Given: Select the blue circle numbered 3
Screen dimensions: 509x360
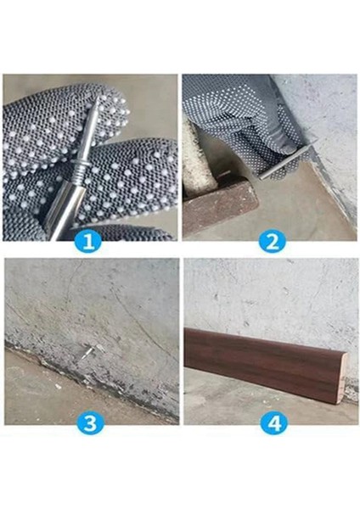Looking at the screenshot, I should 90,422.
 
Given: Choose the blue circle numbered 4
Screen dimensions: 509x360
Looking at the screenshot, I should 273,422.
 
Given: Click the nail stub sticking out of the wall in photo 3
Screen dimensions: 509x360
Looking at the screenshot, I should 86,350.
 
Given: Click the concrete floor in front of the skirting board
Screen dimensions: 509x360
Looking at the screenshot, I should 255,407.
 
